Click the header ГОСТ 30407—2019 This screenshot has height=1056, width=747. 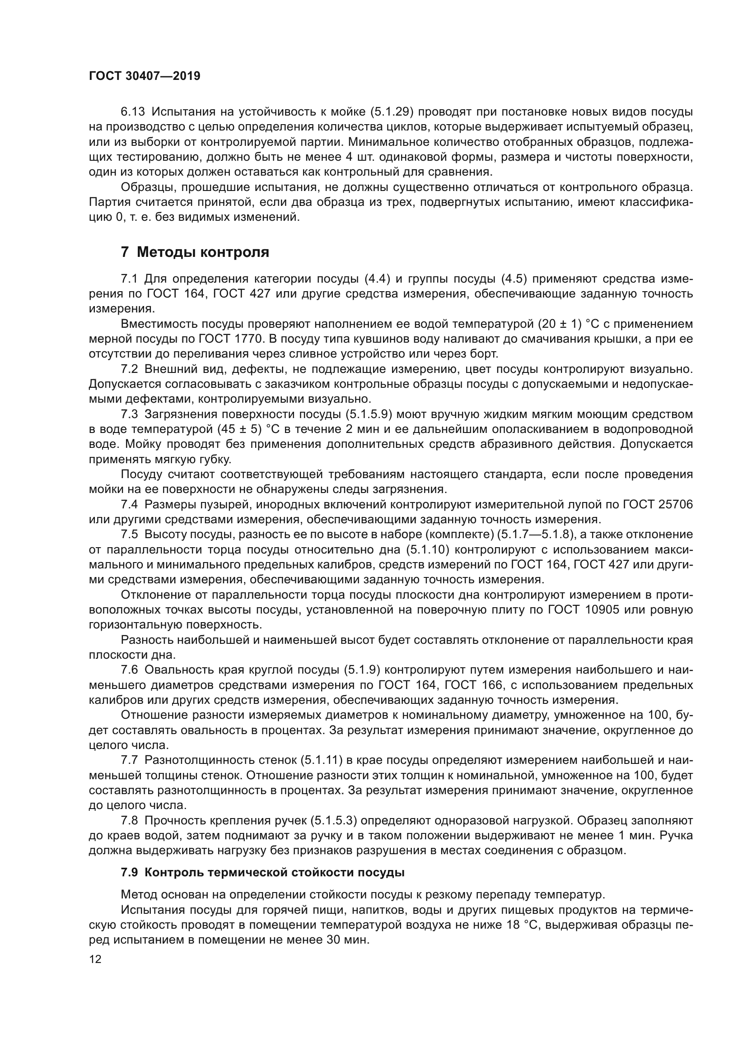(145, 76)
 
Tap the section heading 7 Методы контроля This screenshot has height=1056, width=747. (195, 252)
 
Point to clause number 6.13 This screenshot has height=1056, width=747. (132, 112)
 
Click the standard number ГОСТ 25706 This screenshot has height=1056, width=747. (658, 505)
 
